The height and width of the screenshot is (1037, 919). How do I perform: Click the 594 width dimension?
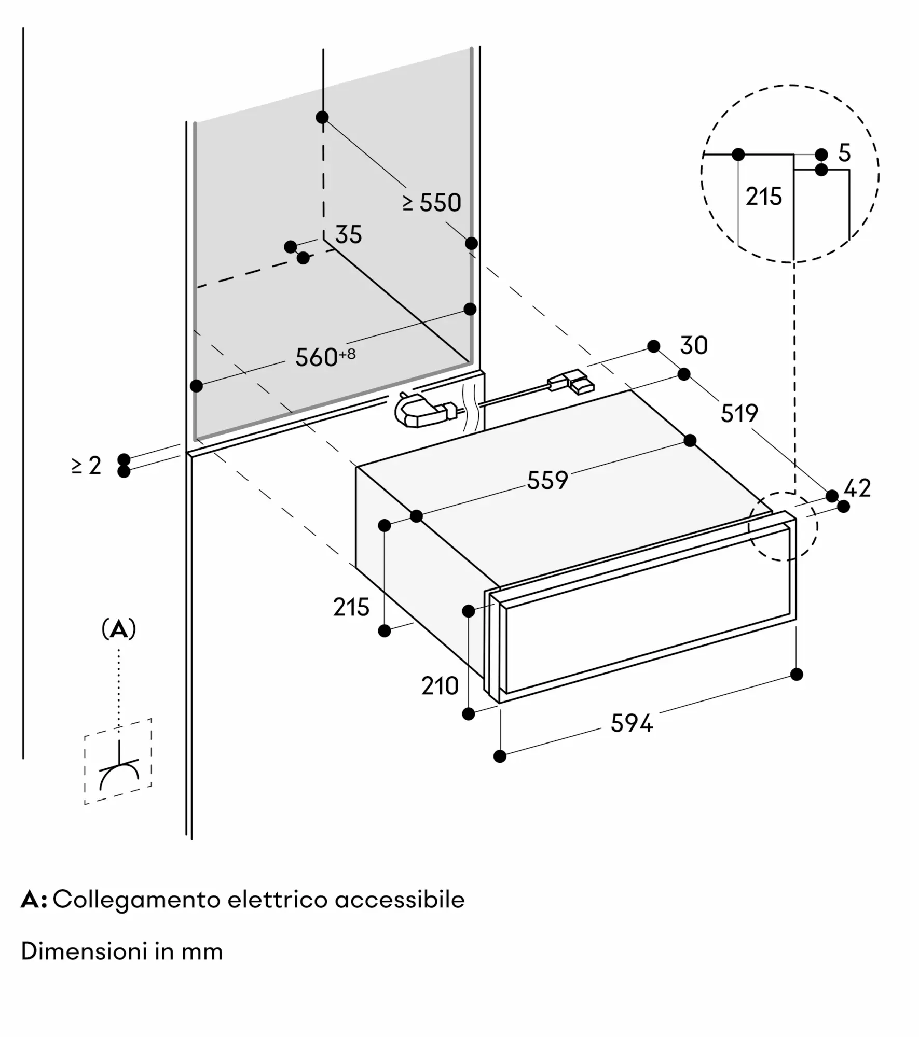632,723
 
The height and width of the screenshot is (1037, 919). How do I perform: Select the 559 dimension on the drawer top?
547,480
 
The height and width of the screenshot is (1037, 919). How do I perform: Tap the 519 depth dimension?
739,413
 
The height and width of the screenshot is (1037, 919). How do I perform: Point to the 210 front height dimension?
440,686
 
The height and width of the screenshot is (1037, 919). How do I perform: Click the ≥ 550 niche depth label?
432,202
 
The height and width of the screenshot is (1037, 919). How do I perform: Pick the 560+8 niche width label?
325,357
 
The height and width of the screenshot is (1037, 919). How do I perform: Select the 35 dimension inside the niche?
348,235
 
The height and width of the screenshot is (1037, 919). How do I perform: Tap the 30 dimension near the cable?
694,345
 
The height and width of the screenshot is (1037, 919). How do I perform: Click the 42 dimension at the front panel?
857,488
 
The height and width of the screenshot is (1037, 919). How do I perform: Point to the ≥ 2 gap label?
87,466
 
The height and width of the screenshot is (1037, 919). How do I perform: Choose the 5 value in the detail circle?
845,153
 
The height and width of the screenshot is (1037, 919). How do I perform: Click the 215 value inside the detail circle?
764,197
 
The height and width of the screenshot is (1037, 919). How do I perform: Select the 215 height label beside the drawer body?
351,607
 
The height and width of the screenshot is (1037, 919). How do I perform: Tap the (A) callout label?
119,629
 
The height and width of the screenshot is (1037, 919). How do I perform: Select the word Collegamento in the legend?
137,900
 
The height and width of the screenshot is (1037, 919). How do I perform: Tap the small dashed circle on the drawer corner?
783,526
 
